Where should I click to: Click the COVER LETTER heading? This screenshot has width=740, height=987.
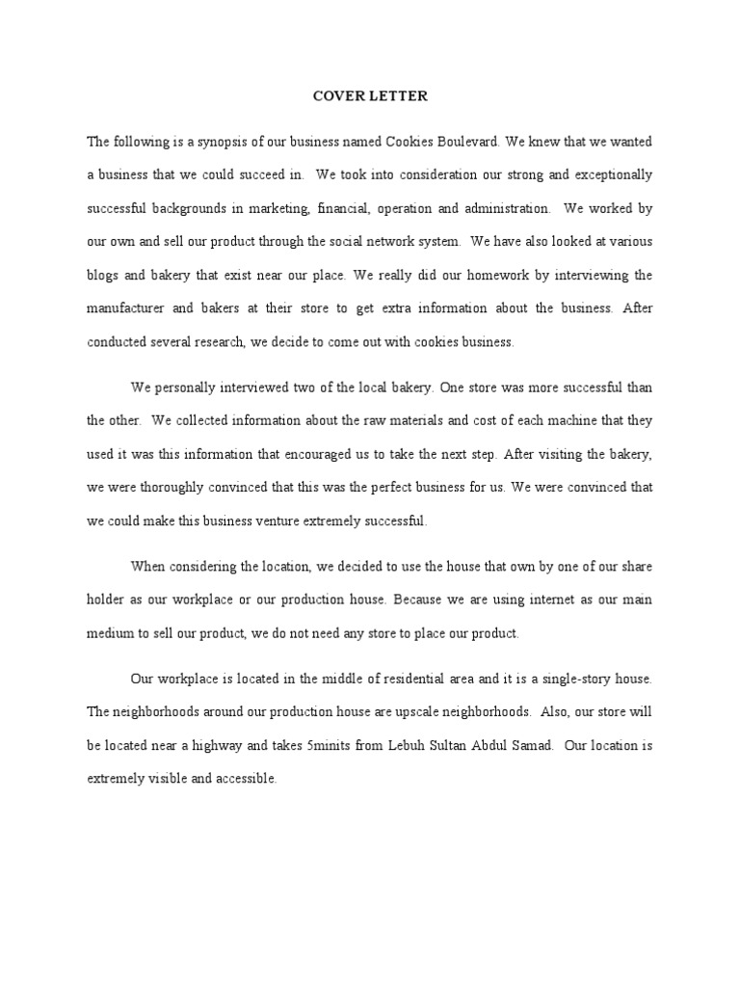click(x=369, y=96)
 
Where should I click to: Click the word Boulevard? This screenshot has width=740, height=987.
click(x=467, y=141)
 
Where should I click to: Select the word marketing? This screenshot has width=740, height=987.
click(x=284, y=208)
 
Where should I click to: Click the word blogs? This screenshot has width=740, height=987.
click(x=103, y=275)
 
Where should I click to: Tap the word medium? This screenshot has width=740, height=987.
click(x=109, y=633)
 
